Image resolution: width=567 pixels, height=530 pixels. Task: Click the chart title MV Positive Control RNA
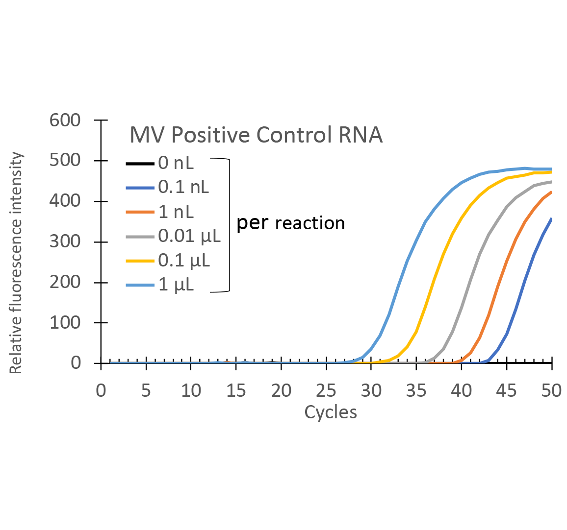pos(256,135)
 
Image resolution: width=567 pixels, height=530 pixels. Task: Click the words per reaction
pos(291,223)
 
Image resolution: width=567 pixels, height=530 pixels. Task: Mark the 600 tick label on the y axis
pos(65,120)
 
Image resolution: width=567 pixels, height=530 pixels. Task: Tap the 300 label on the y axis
pos(65,242)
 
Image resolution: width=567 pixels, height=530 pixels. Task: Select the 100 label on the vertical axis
pos(65,323)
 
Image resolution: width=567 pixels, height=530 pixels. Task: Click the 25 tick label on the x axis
pos(326,390)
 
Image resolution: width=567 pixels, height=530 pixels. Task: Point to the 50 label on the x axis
pos(551,390)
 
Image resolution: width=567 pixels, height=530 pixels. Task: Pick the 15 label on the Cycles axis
pos(236,390)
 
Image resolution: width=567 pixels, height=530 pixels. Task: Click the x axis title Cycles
pos(331,412)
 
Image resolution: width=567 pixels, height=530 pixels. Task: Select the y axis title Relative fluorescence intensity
pos(16,263)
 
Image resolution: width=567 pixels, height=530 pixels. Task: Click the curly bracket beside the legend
pos(227,225)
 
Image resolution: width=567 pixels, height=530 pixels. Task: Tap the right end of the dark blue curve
pos(551,219)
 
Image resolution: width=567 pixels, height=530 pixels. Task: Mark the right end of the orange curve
pos(551,192)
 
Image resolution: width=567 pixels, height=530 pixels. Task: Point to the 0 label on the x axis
pos(101,390)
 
